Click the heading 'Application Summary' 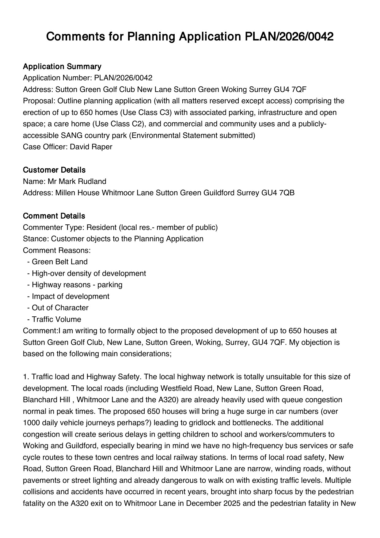click(62, 67)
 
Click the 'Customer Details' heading click(54, 170)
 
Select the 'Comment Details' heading click(54, 216)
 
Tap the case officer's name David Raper click(91, 147)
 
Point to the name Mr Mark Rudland click(77, 181)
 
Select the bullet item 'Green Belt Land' click(59, 262)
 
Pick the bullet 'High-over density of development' click(89, 273)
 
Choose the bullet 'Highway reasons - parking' click(77, 285)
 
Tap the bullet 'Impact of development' click(70, 296)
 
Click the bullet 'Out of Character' click(60, 308)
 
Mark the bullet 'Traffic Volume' click(56, 319)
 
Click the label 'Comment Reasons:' click(57, 250)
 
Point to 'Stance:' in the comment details click(36, 239)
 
